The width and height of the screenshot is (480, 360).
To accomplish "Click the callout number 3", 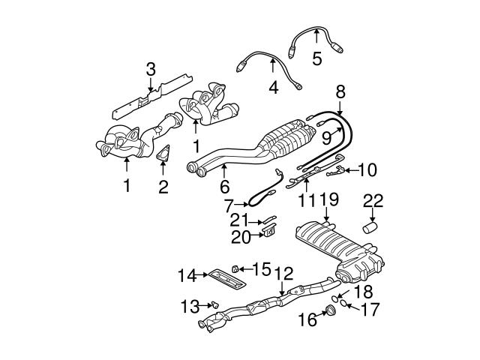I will [x=150, y=70].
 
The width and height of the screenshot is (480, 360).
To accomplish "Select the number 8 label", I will [x=340, y=92].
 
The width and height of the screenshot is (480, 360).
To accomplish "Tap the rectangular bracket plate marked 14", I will [x=224, y=277].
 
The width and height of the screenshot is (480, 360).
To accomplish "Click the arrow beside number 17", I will [x=347, y=306].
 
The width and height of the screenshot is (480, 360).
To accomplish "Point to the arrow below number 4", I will [x=273, y=73].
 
